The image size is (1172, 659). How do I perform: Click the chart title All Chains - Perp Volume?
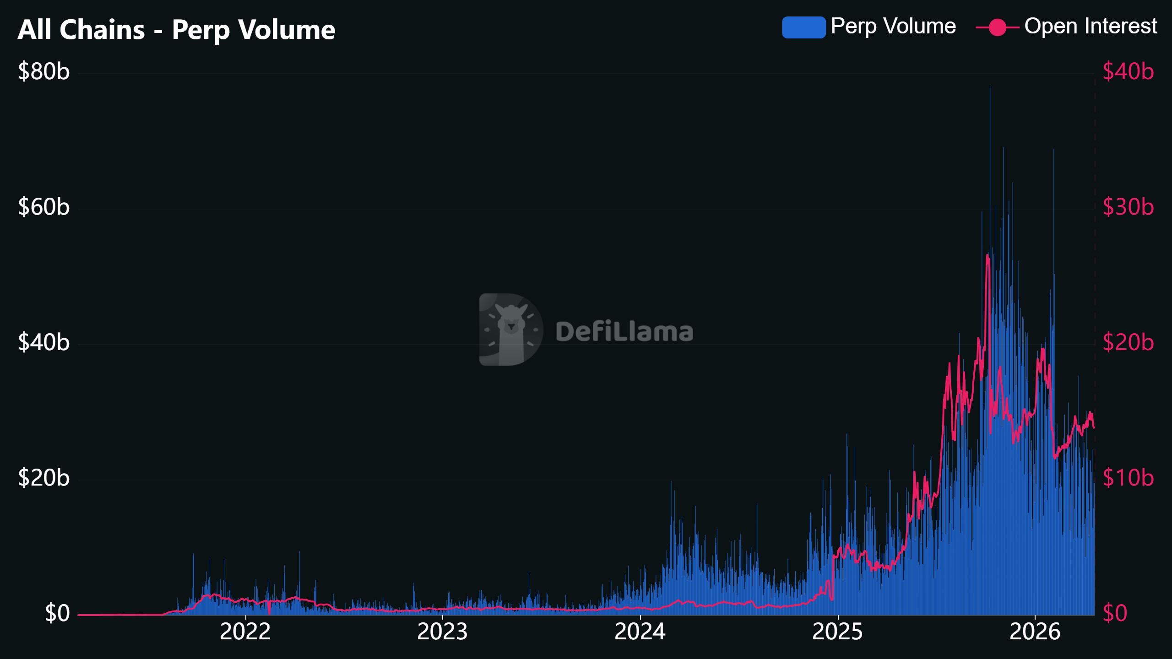click(x=176, y=30)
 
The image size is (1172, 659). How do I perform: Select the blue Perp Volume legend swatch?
click(x=803, y=27)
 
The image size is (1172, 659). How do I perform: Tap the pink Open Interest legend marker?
click(x=997, y=27)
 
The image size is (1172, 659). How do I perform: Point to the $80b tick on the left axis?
click(x=44, y=71)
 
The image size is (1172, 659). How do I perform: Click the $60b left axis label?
click(x=44, y=207)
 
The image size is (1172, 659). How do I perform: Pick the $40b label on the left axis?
click(x=44, y=342)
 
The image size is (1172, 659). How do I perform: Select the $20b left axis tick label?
click(x=44, y=478)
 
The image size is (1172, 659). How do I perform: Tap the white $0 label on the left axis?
click(x=57, y=613)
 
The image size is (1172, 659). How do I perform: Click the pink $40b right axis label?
click(x=1128, y=71)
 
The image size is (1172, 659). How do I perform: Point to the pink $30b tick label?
click(x=1128, y=207)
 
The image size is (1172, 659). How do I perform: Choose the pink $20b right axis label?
click(x=1128, y=342)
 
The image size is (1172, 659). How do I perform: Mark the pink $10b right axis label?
click(x=1128, y=478)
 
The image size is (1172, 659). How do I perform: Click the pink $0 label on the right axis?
click(x=1115, y=613)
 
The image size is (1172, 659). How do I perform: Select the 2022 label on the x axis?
click(x=245, y=632)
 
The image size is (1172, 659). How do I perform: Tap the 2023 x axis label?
click(x=442, y=632)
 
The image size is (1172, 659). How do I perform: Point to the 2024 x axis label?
click(x=640, y=632)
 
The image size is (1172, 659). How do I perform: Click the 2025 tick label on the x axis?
click(x=837, y=632)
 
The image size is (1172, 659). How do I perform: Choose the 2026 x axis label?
click(x=1035, y=632)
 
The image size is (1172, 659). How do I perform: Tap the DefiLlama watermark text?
click(x=624, y=332)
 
